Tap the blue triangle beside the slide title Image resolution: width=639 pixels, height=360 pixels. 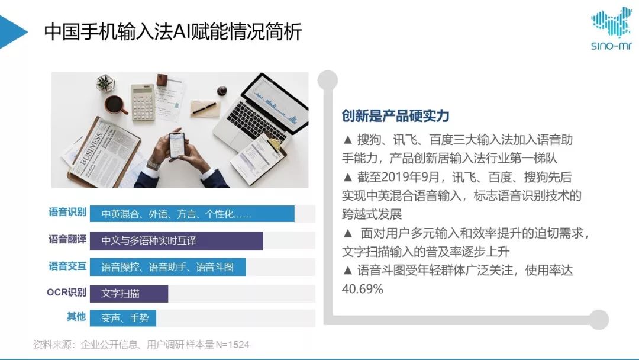click(x=12, y=32)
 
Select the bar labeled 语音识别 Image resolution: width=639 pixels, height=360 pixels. click(x=192, y=214)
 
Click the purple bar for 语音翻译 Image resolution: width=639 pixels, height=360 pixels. click(x=176, y=240)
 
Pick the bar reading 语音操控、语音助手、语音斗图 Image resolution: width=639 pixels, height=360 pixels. click(x=168, y=267)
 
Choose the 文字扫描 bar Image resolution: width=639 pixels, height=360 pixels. click(x=129, y=294)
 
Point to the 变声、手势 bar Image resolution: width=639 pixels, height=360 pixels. click(x=123, y=318)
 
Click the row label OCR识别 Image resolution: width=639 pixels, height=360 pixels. click(x=66, y=292)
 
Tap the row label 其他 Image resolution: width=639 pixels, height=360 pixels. click(x=76, y=316)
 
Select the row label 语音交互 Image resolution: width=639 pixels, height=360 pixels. click(x=67, y=266)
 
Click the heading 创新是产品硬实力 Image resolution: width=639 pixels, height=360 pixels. click(x=395, y=116)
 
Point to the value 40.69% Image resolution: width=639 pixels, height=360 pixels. click(x=362, y=289)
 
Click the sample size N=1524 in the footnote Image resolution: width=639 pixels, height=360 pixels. click(x=233, y=345)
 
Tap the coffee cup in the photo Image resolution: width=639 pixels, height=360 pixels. click(x=115, y=105)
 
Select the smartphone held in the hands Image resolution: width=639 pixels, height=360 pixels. click(x=177, y=144)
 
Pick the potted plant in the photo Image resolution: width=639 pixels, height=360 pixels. click(x=105, y=83)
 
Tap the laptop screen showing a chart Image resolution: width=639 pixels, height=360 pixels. click(x=276, y=102)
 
